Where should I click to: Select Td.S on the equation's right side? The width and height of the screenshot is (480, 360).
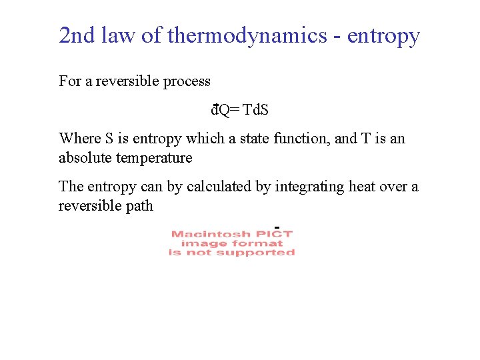(x=256, y=110)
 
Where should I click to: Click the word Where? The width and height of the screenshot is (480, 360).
(x=80, y=139)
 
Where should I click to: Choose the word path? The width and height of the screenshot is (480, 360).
(x=139, y=206)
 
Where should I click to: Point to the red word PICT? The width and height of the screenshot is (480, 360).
(x=274, y=234)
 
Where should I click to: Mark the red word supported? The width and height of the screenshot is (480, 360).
(x=255, y=253)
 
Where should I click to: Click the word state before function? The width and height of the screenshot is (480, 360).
(x=256, y=139)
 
